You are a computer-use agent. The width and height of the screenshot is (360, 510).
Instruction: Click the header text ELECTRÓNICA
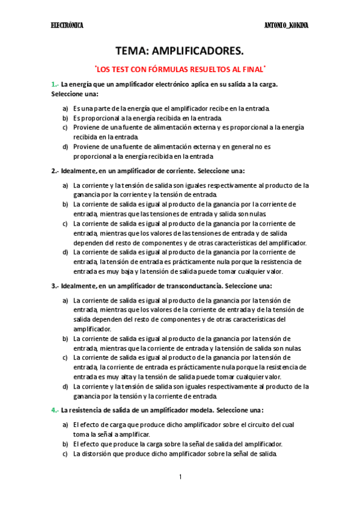[x=67, y=26]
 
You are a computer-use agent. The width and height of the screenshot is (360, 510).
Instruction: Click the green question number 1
[x=54, y=84]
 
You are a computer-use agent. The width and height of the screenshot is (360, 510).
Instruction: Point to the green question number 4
[x=54, y=410]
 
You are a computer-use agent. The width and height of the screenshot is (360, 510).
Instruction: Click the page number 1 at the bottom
[x=180, y=477]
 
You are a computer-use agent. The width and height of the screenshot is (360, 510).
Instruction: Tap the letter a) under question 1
[x=65, y=108]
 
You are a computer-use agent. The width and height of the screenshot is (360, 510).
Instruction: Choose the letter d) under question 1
[x=65, y=146]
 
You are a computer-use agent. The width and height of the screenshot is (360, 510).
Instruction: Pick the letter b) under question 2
[x=65, y=204]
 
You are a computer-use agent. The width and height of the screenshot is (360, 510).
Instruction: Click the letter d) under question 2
[x=65, y=253]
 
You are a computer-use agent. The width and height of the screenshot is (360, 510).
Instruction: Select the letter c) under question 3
[x=65, y=357]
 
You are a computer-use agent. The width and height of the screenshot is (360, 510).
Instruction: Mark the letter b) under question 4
[x=65, y=444]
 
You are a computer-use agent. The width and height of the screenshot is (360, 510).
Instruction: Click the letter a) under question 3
[x=65, y=300]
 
